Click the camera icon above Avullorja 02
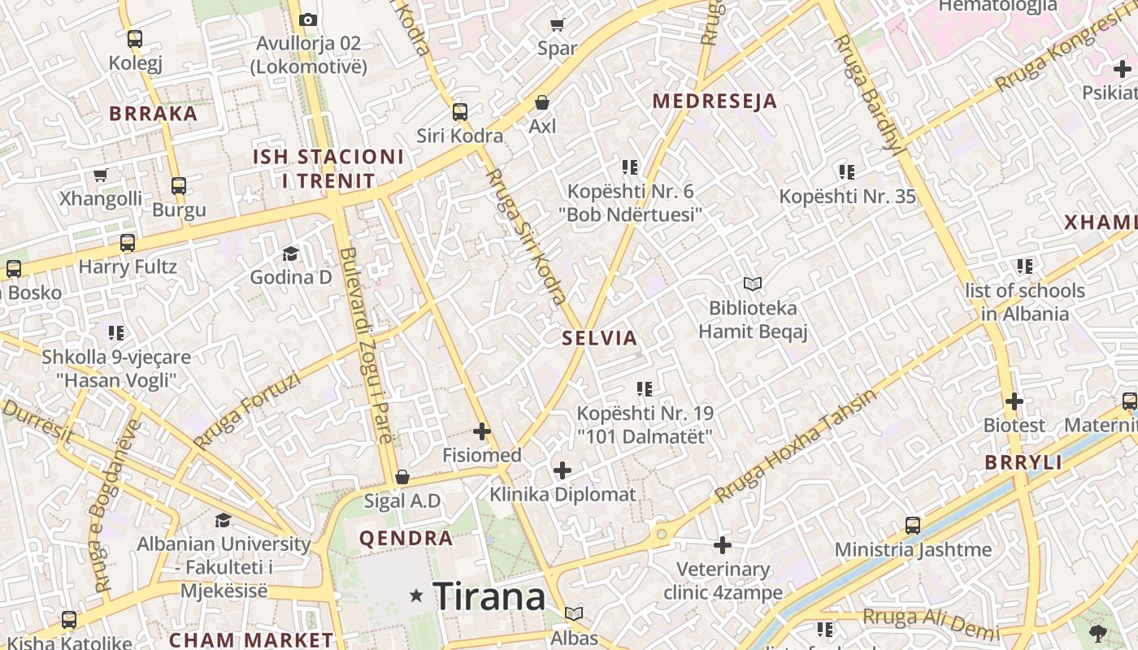pos(308,19)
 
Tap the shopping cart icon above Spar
pos(558,24)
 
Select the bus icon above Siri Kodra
pos(460,112)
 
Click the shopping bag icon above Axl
pos(542,102)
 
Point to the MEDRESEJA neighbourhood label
pos(715,102)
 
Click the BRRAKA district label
pos(154,114)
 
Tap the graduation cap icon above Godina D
pos(290,253)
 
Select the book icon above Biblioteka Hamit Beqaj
pos(753,284)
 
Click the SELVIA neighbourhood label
pos(600,339)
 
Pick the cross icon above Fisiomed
pos(482,431)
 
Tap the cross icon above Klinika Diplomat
pos(562,470)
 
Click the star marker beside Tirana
pos(417,596)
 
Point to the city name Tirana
pos(489,597)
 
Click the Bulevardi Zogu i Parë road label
pos(367,345)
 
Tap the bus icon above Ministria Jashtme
pos(913,526)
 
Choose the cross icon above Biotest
pos(1014,401)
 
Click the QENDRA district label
pos(406,538)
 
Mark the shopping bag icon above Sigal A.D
pos(402,477)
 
